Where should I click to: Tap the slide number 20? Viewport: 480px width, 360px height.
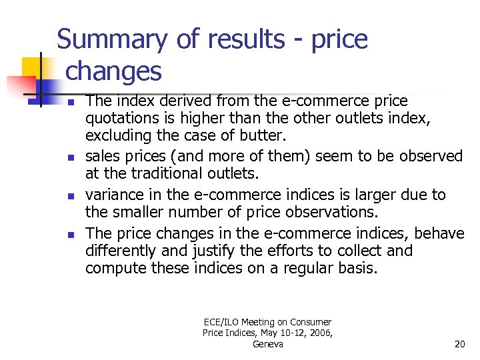(x=459, y=344)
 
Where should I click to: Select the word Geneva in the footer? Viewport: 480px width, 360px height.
(x=268, y=344)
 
